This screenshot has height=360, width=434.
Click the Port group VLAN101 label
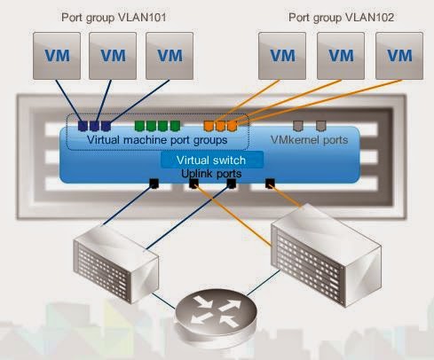[x=114, y=17]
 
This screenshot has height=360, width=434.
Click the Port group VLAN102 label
[x=341, y=17]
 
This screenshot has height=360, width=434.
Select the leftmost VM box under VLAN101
[x=57, y=56]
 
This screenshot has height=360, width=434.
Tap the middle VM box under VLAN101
[x=113, y=56]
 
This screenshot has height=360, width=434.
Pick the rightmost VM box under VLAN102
[x=399, y=56]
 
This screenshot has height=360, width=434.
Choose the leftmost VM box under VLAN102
[x=282, y=56]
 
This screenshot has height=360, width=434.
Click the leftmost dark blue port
[x=83, y=126]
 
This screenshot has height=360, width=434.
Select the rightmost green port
[x=175, y=126]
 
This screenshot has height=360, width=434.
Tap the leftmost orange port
[x=209, y=126]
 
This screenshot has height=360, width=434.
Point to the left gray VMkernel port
[x=298, y=126]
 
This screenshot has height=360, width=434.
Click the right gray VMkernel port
[x=321, y=126]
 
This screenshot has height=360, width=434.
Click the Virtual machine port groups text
[x=157, y=140]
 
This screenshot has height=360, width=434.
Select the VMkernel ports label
[x=309, y=140]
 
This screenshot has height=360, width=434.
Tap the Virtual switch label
[x=211, y=160]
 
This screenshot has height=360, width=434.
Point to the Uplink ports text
[x=211, y=174]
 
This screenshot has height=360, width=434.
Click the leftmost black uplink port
[x=154, y=184]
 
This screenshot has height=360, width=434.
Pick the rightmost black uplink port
[x=270, y=184]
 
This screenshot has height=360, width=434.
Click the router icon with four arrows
[x=216, y=316]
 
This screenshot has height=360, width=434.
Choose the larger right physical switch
[x=327, y=255]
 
